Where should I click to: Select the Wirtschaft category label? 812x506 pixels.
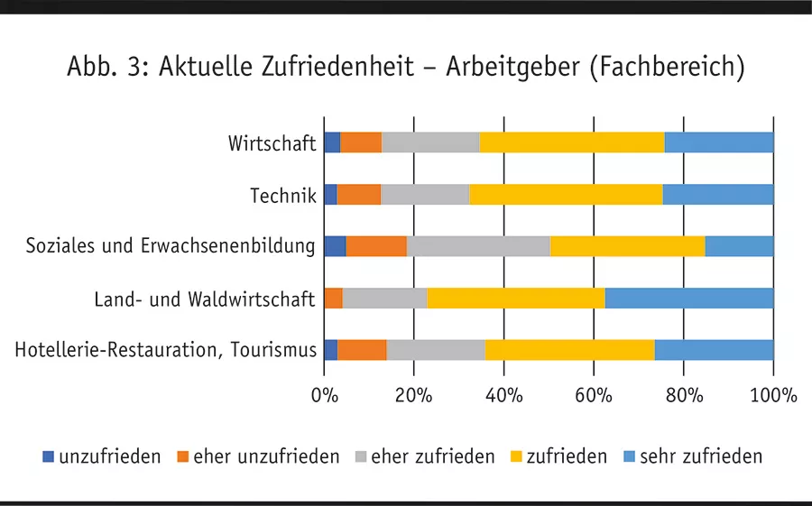pyautogui.click(x=272, y=143)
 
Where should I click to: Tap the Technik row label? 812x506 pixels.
pyautogui.click(x=282, y=195)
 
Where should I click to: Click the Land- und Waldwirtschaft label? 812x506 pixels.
pyautogui.click(x=205, y=299)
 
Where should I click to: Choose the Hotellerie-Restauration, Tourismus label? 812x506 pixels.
pyautogui.click(x=166, y=350)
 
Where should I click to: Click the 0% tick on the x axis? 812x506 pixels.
pyautogui.click(x=324, y=395)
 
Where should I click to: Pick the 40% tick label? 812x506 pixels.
pyautogui.click(x=503, y=395)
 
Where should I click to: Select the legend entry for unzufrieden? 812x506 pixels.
pyautogui.click(x=102, y=456)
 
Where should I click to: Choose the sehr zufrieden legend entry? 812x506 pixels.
pyautogui.click(x=693, y=456)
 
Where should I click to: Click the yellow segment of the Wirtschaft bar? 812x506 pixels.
pyautogui.click(x=571, y=143)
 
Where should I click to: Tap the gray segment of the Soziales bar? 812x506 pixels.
pyautogui.click(x=478, y=246)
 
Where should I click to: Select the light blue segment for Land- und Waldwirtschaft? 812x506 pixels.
pyautogui.click(x=689, y=299)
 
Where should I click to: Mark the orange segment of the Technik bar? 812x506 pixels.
pyautogui.click(x=358, y=195)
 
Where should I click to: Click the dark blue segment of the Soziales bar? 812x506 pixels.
pyautogui.click(x=334, y=246)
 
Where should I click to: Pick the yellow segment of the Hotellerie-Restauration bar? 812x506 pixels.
pyautogui.click(x=569, y=350)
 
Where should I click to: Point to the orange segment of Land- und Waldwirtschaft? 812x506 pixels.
pyautogui.click(x=333, y=299)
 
